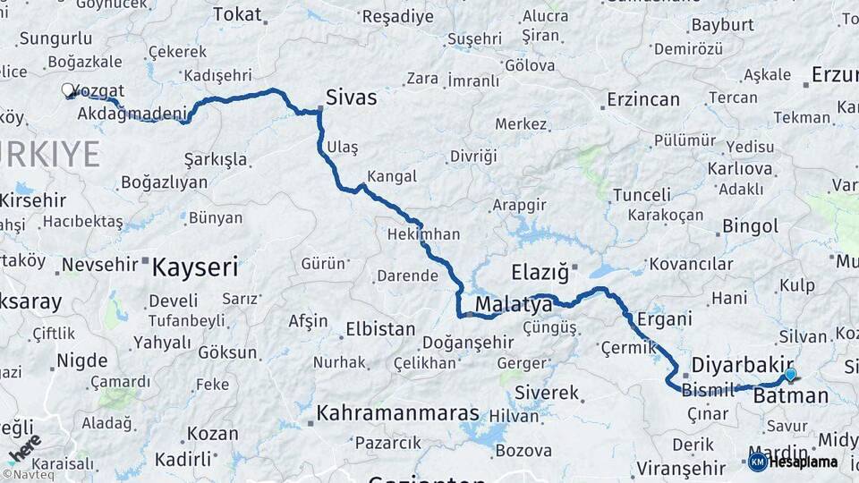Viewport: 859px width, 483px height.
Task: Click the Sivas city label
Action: click(x=351, y=97)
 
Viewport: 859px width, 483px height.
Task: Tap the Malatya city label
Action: click(x=514, y=305)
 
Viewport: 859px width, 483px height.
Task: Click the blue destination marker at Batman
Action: click(x=790, y=374)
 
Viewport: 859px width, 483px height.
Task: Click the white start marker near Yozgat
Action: click(x=68, y=89)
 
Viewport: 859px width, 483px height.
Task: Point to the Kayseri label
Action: click(x=195, y=267)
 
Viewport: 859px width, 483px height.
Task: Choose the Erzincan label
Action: click(x=642, y=99)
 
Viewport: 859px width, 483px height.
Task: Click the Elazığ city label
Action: click(x=540, y=271)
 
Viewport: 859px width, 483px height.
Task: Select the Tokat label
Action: click(x=239, y=14)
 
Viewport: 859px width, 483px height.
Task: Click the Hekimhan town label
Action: click(x=424, y=234)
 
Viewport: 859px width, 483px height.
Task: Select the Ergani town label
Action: click(x=664, y=318)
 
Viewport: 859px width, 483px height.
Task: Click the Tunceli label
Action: click(x=642, y=195)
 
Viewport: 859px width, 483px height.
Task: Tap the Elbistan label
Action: click(x=379, y=329)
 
